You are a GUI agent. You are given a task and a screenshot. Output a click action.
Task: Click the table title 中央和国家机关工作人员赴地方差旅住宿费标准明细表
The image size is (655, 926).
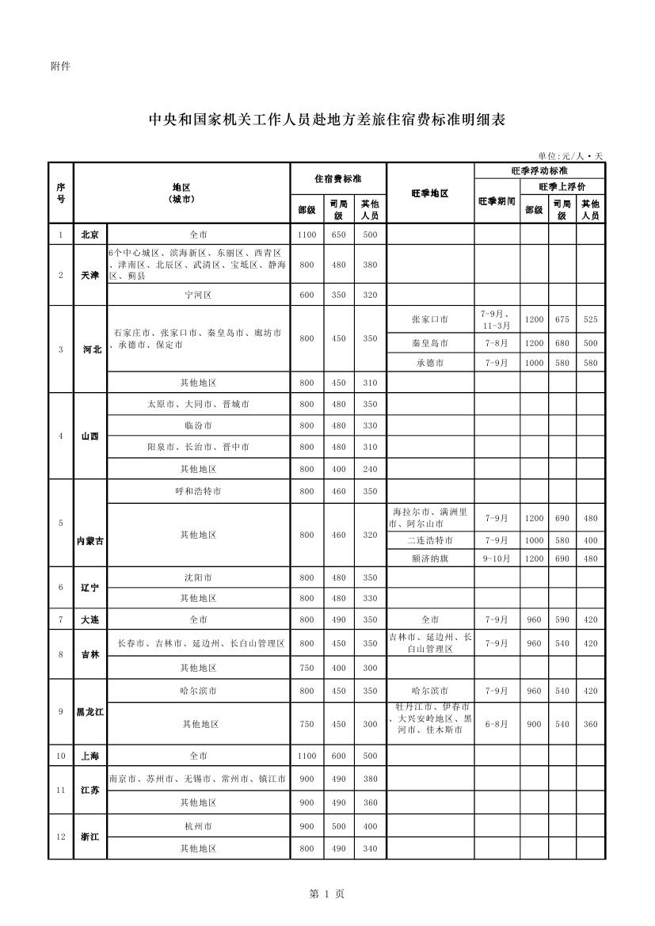327,120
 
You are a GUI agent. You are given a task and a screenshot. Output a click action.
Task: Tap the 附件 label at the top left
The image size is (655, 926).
60,67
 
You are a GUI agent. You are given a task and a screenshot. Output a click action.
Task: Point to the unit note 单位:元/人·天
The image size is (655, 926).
570,156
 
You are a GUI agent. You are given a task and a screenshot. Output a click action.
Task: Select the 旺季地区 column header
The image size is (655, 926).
430,193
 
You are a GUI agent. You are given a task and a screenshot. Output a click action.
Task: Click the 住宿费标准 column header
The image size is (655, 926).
338,179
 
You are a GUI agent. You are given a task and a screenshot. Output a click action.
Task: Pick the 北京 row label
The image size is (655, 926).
89,235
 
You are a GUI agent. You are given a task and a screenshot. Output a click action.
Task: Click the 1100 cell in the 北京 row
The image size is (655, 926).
307,235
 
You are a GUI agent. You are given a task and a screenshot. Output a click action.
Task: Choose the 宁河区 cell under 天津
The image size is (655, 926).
198,295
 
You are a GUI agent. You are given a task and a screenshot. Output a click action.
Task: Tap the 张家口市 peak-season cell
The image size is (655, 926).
430,319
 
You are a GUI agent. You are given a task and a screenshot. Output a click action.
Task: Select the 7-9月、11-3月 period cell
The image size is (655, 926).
497,319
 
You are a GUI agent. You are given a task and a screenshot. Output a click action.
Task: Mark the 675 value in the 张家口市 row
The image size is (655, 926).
562,319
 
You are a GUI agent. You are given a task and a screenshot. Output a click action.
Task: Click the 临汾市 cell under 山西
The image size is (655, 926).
198,425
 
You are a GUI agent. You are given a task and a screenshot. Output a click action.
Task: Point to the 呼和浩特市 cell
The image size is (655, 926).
198,491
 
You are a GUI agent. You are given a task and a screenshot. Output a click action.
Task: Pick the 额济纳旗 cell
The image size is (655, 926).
430,558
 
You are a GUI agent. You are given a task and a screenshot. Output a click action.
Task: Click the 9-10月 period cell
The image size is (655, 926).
497,558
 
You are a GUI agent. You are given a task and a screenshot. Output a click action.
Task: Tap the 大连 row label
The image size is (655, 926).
89,619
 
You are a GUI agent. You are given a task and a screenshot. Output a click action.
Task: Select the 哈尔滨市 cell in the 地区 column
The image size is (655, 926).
198,691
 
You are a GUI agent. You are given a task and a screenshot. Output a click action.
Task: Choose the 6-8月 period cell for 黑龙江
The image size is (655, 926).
497,724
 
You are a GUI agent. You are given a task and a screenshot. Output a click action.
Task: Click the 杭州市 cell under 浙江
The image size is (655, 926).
198,826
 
